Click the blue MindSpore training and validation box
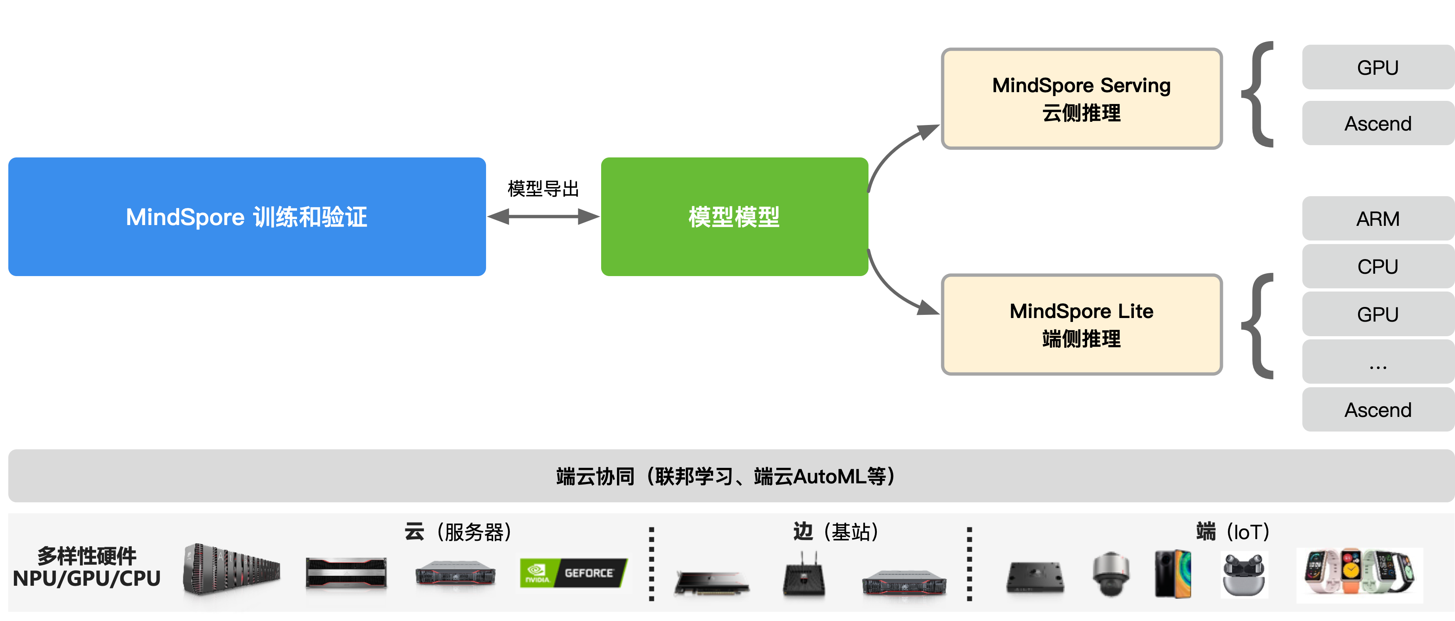coord(247,217)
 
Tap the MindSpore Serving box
coord(1081,99)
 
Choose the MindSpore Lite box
coord(1081,324)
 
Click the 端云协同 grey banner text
coord(726,476)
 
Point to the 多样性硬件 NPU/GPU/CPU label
coord(87,567)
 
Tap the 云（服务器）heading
coord(458,532)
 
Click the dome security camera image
coord(1111,574)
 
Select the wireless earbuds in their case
coord(1244,574)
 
